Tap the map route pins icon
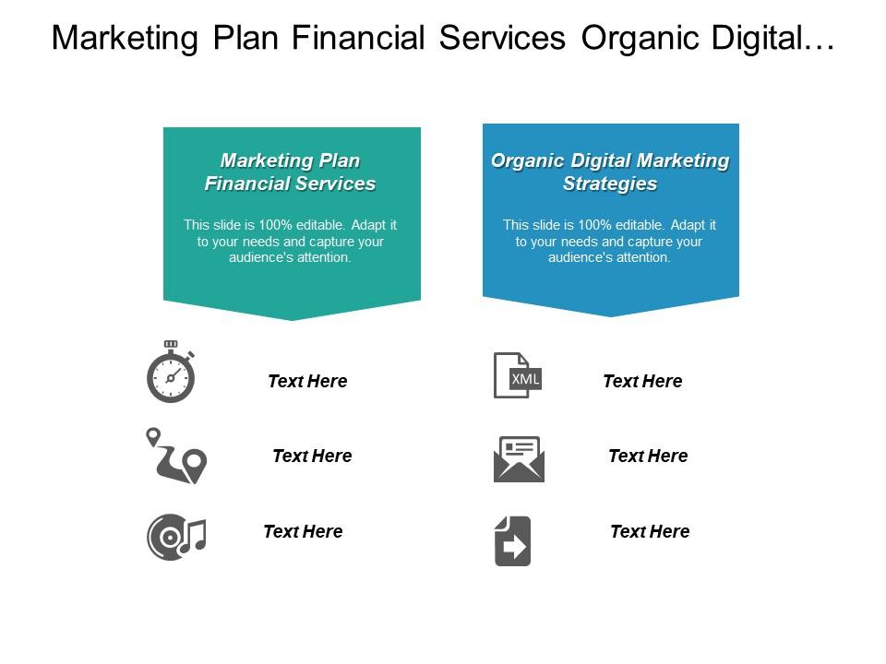(x=176, y=456)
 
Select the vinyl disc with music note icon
(x=176, y=537)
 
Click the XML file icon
(x=518, y=375)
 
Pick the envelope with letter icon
(x=519, y=459)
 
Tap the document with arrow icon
(x=512, y=541)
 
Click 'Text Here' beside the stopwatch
(x=307, y=381)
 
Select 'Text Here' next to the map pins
(x=312, y=456)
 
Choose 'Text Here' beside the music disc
(x=303, y=531)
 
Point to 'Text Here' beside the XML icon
(x=642, y=381)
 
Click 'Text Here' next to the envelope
(x=648, y=456)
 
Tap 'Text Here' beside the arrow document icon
(x=650, y=531)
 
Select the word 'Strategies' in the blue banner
(x=610, y=184)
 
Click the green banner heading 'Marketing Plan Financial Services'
(x=291, y=172)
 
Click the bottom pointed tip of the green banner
(x=293, y=320)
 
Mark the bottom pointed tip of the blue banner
(x=611, y=316)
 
